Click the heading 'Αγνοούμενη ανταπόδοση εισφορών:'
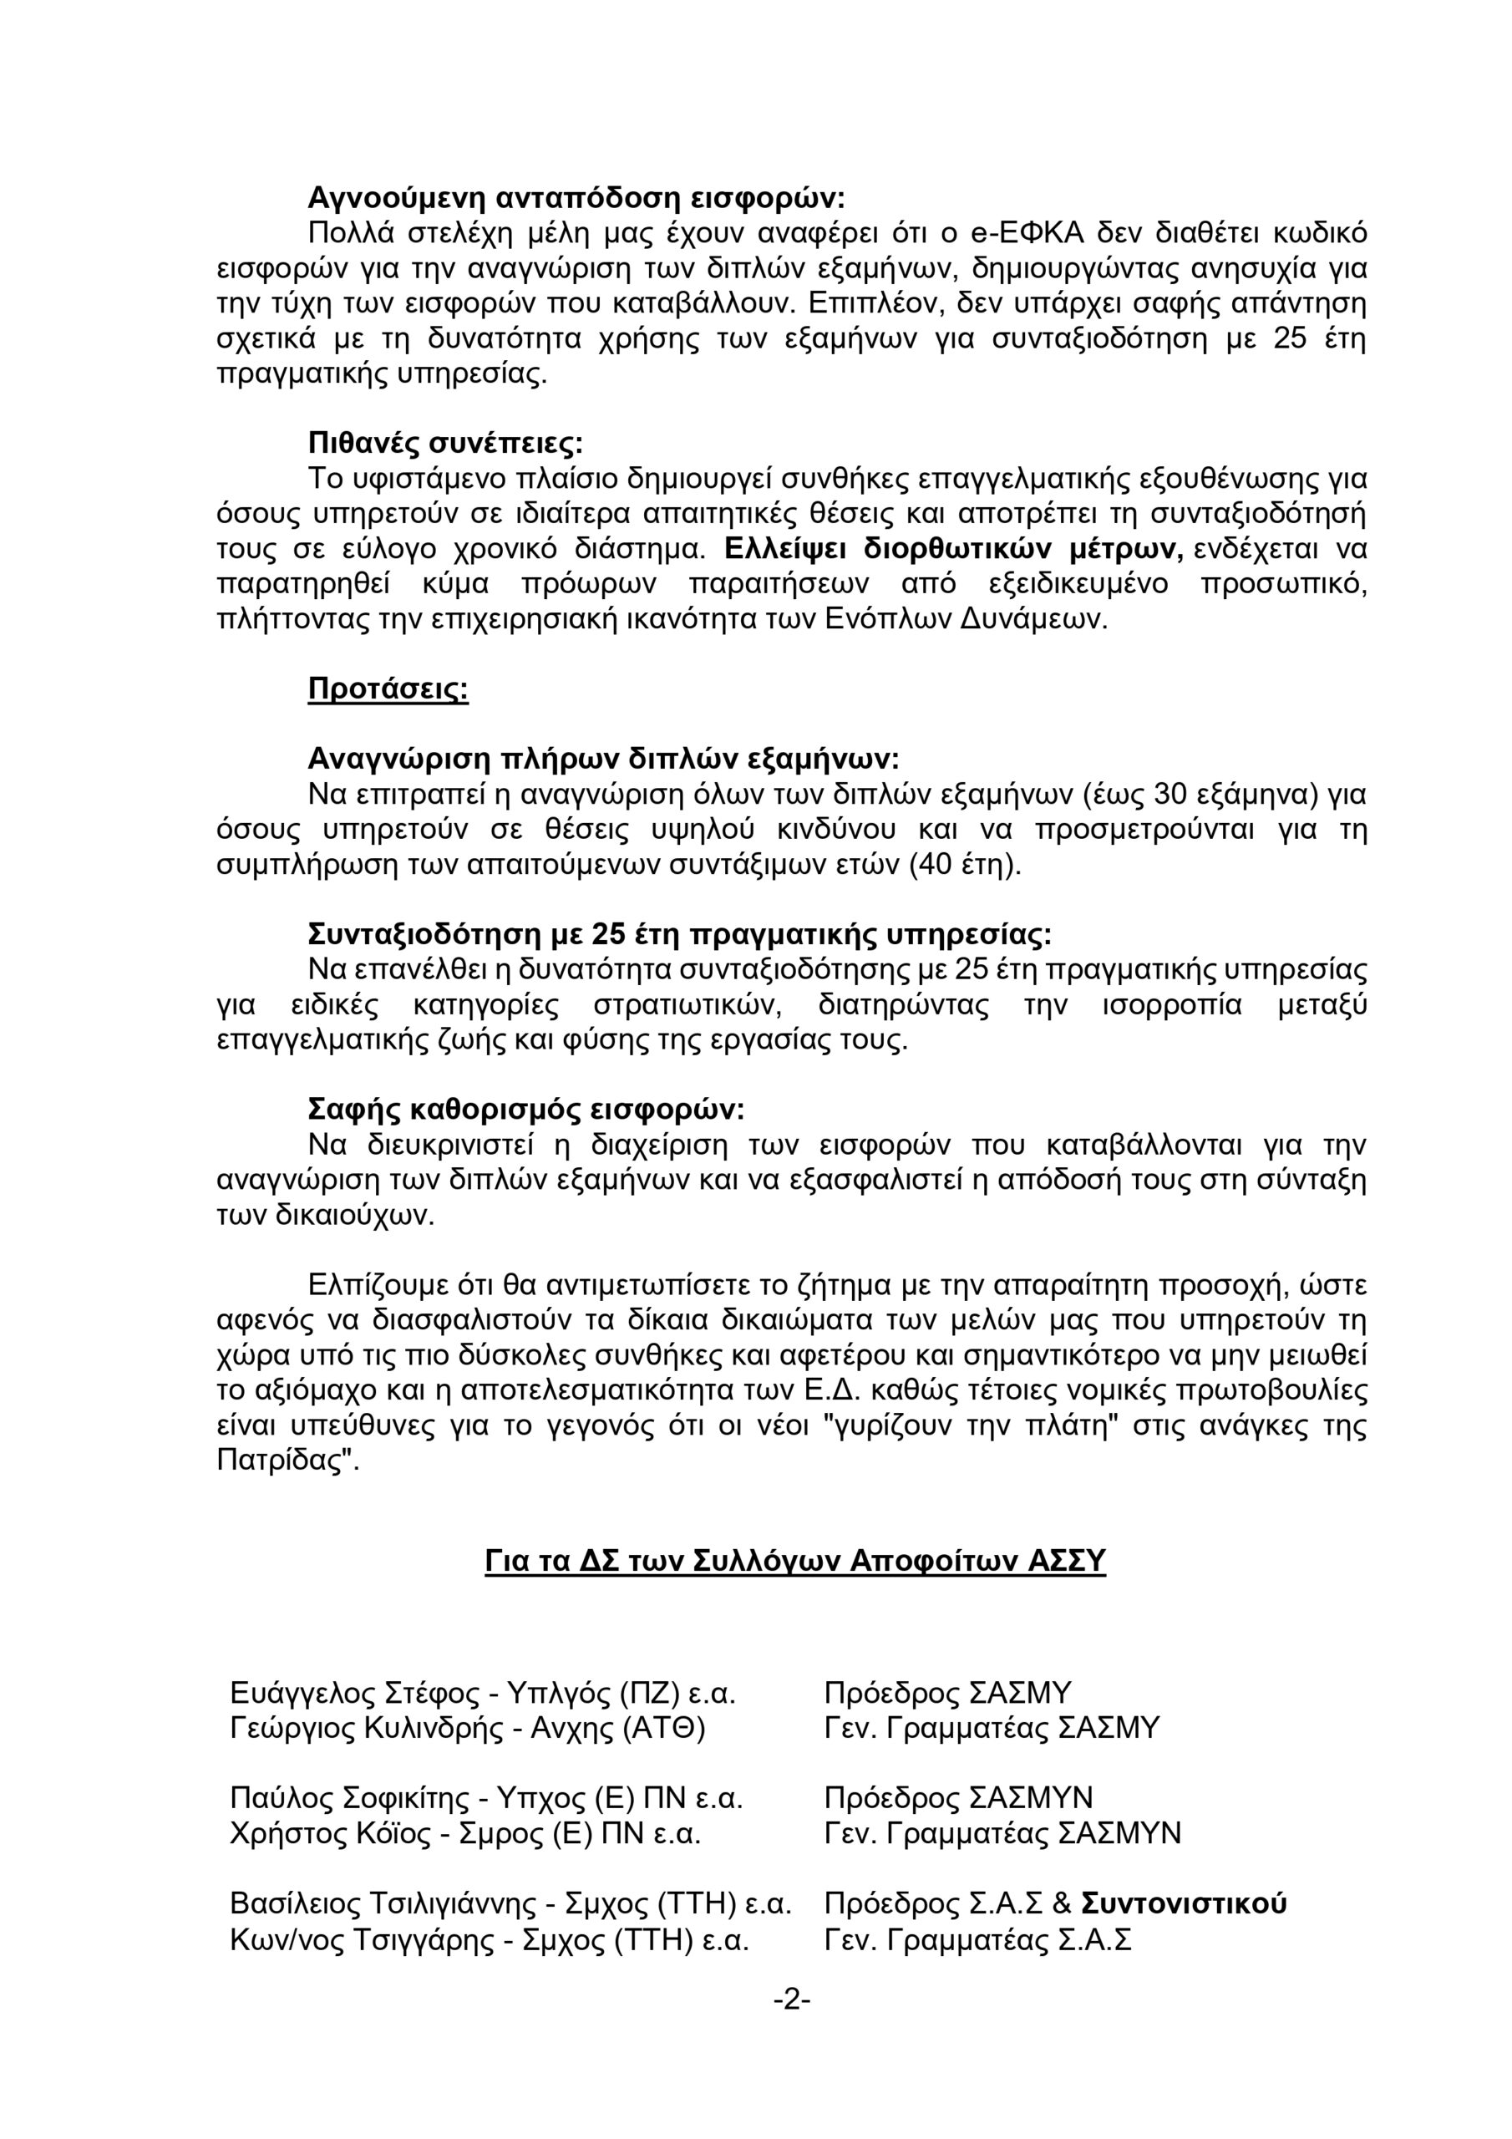click(576, 197)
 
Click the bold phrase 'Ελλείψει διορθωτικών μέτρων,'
click(954, 549)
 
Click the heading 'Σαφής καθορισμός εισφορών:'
click(526, 1110)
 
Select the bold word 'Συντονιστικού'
click(1183, 1903)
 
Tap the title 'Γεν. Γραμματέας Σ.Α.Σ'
click(977, 1939)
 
